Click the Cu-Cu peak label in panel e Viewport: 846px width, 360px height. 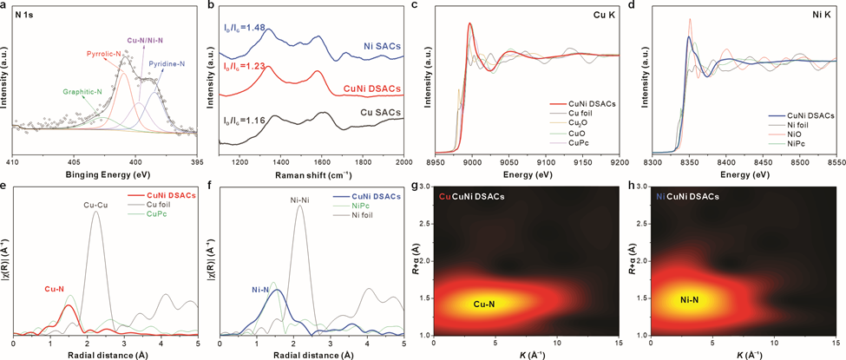[96, 205]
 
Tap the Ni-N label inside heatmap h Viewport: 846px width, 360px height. [691, 300]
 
